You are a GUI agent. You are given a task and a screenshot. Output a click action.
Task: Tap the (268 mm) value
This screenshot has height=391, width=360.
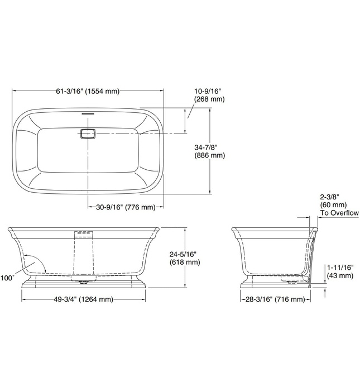tap(209, 99)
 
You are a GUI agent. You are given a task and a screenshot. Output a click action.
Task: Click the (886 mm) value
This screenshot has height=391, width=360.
tap(209, 156)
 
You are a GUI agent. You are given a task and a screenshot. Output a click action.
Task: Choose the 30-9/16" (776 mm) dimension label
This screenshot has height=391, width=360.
tap(124, 207)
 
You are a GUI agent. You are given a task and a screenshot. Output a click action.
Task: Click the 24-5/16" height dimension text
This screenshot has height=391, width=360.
tap(185, 254)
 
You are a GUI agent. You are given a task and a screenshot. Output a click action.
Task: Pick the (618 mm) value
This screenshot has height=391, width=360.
tap(185, 262)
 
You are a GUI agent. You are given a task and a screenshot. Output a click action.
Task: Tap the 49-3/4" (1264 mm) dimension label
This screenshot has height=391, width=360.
tap(84, 299)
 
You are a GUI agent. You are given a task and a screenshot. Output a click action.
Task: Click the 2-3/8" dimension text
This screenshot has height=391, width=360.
tap(330, 197)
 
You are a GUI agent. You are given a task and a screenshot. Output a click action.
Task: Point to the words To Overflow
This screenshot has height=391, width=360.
tap(339, 213)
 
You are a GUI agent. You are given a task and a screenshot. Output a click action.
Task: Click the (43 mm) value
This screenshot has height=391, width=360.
tap(338, 275)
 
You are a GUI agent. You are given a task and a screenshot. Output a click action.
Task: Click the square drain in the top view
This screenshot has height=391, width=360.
tap(88, 134)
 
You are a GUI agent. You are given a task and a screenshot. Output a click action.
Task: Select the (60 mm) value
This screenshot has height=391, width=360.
tap(332, 205)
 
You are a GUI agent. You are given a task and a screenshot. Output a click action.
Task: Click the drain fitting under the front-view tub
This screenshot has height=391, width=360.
tap(84, 282)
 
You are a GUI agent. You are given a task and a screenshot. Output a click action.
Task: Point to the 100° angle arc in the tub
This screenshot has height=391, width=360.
tap(37, 263)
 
